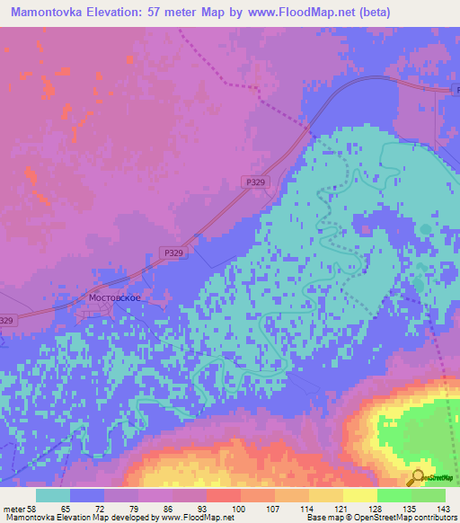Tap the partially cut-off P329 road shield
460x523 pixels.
[x=6, y=321]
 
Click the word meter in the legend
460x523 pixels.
[x=13, y=508]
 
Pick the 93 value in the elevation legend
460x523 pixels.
[x=205, y=508]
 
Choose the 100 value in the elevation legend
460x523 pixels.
[x=238, y=508]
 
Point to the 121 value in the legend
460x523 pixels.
[x=341, y=508]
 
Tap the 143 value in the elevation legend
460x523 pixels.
[x=442, y=508]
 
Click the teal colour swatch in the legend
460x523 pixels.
[x=53, y=495]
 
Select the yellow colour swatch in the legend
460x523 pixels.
[x=359, y=495]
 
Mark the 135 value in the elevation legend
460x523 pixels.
[x=409, y=508]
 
